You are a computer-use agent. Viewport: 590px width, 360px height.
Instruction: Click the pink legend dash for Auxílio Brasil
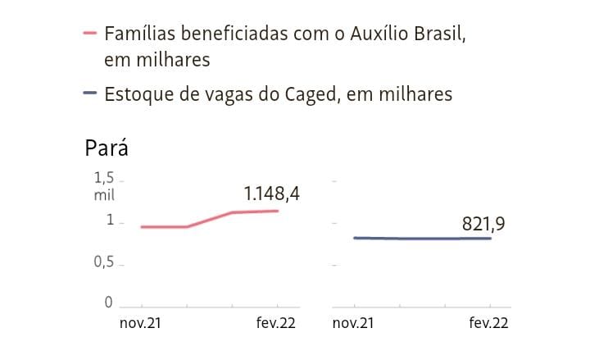(x=90, y=34)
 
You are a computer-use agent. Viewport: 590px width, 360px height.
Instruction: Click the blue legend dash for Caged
(x=90, y=94)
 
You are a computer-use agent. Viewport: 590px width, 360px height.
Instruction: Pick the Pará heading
(x=107, y=148)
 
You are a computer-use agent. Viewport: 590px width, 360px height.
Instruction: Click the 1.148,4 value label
(x=272, y=194)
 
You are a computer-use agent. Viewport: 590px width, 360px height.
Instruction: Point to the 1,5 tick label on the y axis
(x=104, y=178)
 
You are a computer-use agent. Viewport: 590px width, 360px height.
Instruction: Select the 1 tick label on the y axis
(x=109, y=221)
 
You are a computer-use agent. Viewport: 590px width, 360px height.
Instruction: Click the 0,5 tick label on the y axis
(x=104, y=262)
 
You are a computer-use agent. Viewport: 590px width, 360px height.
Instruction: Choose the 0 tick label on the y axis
(x=109, y=303)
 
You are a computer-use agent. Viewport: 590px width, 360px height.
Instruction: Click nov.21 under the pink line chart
(x=140, y=323)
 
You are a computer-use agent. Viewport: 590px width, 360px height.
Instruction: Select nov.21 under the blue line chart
(x=353, y=323)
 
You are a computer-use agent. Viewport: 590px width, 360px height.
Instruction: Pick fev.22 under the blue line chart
(x=488, y=323)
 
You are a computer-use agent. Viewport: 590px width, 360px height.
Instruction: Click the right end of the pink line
(x=278, y=211)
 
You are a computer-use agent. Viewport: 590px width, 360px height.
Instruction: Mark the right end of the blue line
(x=490, y=239)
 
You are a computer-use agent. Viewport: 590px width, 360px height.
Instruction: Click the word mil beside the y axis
(x=104, y=195)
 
